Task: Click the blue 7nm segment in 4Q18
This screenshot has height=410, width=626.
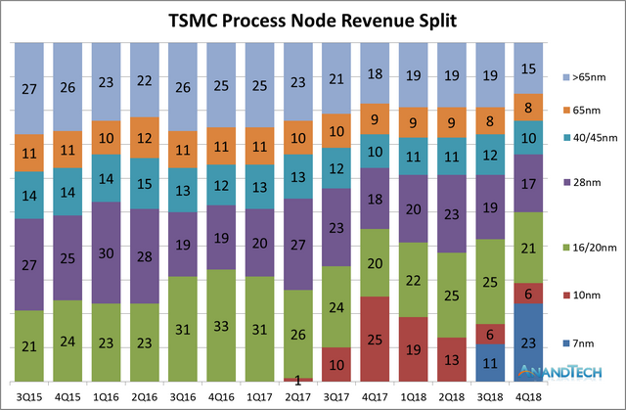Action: pos(528,342)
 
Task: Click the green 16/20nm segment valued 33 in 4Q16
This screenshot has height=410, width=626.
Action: pos(222,325)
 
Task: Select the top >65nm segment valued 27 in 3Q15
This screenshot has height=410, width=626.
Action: pos(29,88)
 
